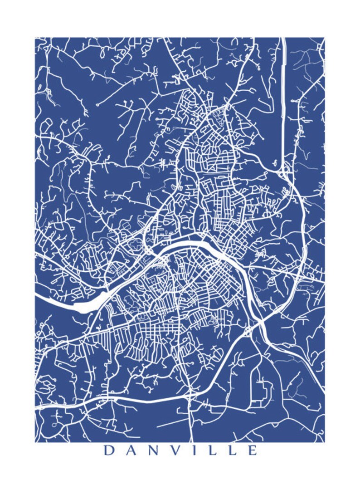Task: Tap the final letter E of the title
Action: [x=252, y=451]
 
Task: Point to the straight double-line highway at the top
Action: [x=283, y=91]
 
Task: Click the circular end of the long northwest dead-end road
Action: [x=97, y=105]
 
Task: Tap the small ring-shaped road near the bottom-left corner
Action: [x=54, y=425]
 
